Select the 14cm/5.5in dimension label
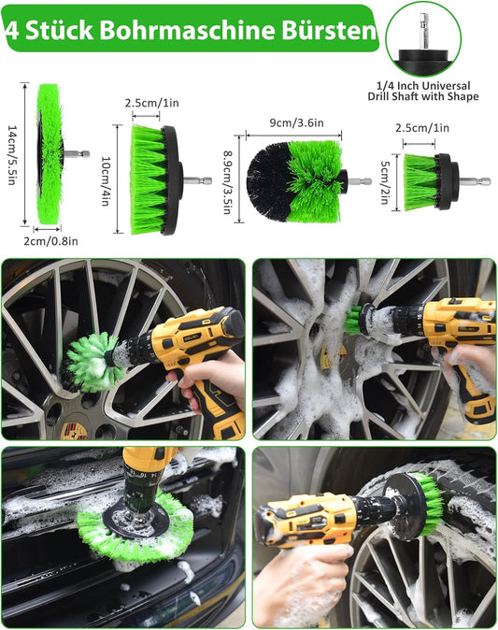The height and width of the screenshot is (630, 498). click(13, 154)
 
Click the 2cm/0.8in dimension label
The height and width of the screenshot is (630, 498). click(50, 241)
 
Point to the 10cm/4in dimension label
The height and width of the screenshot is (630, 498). click(106, 180)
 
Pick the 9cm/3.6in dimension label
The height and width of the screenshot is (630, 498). click(297, 123)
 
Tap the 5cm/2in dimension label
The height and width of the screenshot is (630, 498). click(385, 182)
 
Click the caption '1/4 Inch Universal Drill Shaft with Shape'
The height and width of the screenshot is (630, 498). click(423, 92)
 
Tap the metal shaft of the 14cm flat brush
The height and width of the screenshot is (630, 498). click(76, 154)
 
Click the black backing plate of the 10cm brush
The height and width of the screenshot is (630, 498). click(170, 180)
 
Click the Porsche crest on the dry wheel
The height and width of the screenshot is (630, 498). click(74, 431)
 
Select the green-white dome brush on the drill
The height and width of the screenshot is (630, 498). click(92, 363)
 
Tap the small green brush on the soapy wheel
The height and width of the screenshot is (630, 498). click(353, 321)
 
